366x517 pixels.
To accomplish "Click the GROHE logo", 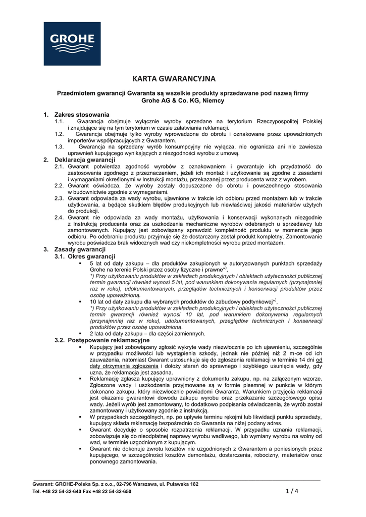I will [72, 43].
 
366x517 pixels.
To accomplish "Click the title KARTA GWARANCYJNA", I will [174, 79].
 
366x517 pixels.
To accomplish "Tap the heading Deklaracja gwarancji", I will [85, 160].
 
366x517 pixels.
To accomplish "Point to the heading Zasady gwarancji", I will [80, 249].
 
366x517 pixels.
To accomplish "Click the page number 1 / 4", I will [292, 491].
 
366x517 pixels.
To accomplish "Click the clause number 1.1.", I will [60, 122].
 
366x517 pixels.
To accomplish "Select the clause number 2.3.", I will [60, 198].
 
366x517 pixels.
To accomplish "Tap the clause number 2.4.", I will [60, 217].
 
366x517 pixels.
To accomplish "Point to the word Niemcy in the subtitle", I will [213, 101].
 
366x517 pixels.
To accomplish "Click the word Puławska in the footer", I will [178, 484].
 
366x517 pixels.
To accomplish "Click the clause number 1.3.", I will [60, 146].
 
